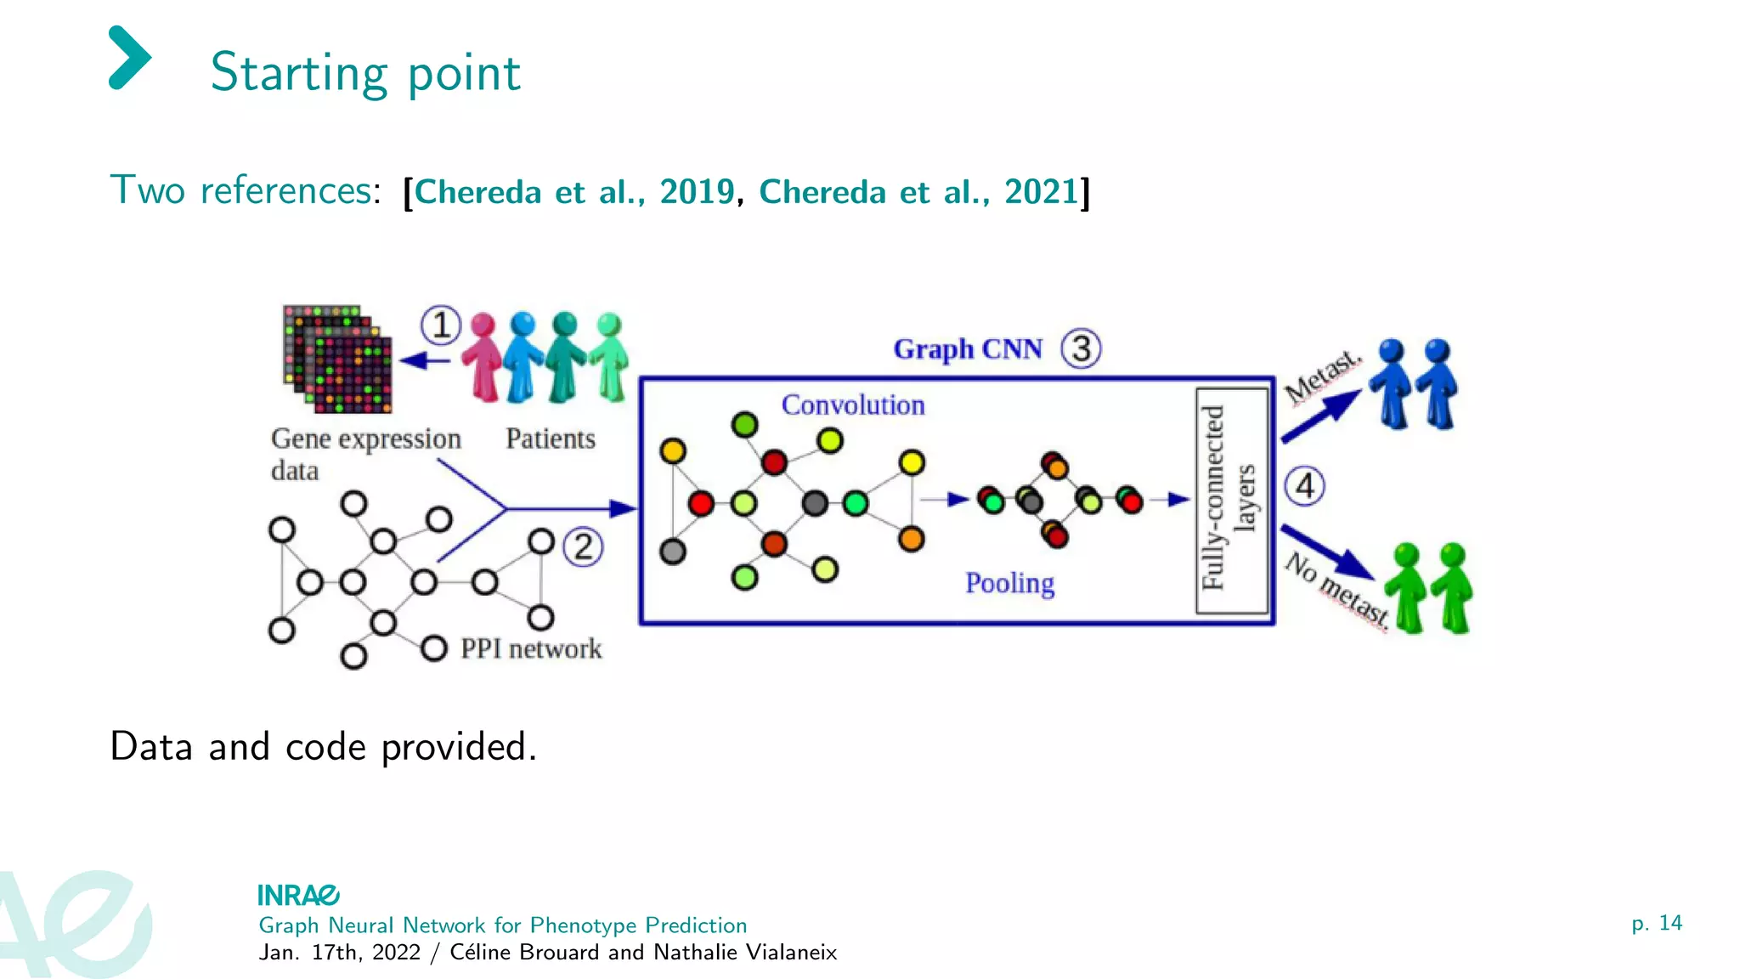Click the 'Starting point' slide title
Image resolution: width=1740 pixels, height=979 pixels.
click(364, 73)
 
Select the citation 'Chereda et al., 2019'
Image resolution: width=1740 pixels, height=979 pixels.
click(573, 192)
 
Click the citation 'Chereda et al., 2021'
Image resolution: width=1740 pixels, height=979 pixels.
click(918, 192)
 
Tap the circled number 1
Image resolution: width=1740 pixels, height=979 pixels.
click(441, 325)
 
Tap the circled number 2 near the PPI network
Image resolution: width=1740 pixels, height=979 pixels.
click(583, 547)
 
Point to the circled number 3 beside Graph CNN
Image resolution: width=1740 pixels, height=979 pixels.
click(1081, 348)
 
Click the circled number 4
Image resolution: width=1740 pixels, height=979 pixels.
click(1304, 486)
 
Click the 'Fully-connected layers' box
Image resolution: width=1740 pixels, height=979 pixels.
click(1231, 500)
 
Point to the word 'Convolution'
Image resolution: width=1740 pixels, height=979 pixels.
click(852, 405)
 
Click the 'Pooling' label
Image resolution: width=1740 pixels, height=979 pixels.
click(1009, 583)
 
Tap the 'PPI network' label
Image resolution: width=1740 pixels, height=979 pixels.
click(530, 649)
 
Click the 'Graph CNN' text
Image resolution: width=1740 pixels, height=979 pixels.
click(967, 349)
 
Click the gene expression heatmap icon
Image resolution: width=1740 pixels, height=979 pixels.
click(338, 359)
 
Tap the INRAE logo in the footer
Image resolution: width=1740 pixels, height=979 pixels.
click(298, 895)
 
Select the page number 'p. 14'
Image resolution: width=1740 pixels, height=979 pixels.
click(1656, 923)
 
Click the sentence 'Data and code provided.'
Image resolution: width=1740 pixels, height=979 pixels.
click(323, 747)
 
